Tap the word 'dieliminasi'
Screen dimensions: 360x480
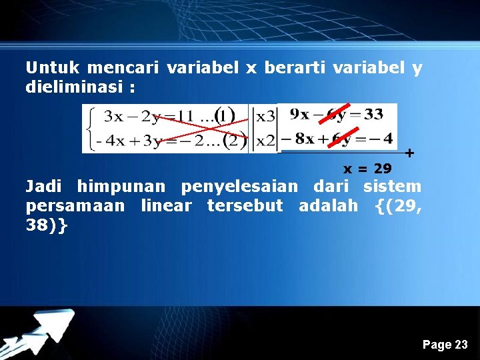click(75, 87)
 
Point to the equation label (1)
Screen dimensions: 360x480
click(223, 117)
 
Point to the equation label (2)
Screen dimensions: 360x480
click(233, 141)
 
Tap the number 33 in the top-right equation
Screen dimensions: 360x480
click(373, 114)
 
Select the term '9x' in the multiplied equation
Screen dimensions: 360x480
click(300, 114)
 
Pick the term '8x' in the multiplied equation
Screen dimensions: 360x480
click(303, 139)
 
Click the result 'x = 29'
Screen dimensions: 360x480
click(367, 169)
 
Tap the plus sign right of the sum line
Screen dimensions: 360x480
click(409, 153)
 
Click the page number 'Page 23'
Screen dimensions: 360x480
click(445, 345)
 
